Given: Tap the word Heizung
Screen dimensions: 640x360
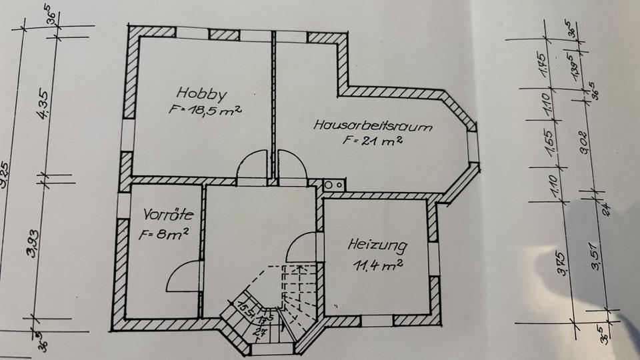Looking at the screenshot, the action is [x=377, y=245].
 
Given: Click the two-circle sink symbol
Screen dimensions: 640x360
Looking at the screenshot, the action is [x=333, y=185].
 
